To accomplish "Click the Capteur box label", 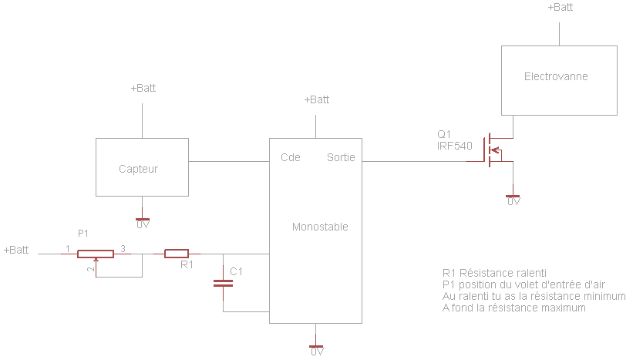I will (138, 169).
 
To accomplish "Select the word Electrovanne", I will (556, 77).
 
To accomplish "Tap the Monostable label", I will (320, 227).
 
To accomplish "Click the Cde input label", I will (291, 157).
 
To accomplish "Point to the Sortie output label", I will (341, 157).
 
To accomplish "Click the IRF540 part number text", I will (454, 145).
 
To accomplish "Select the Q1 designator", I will (443, 133).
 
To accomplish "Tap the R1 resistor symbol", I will (177, 254).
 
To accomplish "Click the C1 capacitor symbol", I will (223, 283).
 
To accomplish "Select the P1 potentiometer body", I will (95, 253).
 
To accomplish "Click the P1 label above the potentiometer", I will (83, 233).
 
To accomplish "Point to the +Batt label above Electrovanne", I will (560, 7).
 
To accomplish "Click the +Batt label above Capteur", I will (143, 88).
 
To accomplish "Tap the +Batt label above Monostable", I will (316, 99).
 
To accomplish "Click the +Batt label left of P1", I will (16, 250).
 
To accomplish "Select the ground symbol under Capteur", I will (143, 220).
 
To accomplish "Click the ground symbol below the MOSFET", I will (513, 197).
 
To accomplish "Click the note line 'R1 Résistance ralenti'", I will (494, 272).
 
